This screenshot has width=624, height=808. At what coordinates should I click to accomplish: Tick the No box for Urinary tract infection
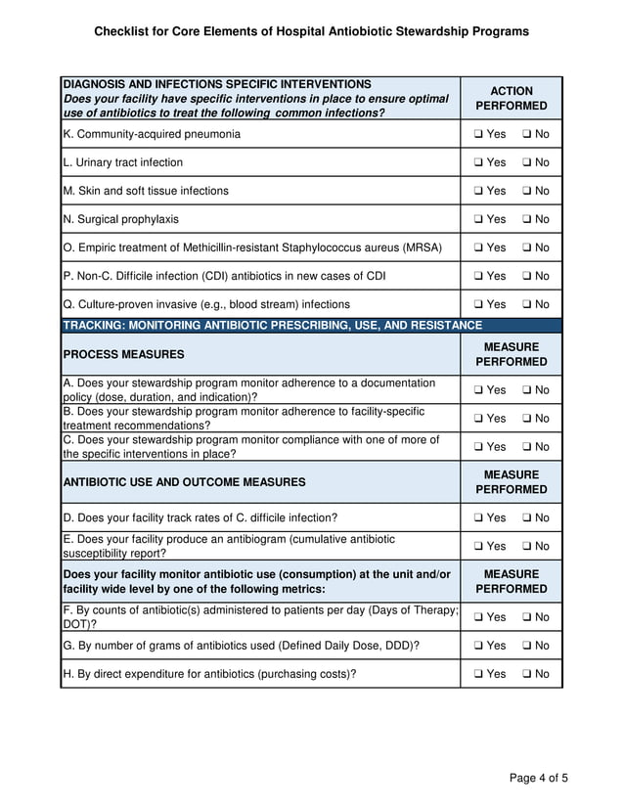527,162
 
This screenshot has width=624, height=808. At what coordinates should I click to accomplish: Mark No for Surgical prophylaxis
527,219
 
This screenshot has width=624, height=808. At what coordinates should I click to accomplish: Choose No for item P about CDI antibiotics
527,276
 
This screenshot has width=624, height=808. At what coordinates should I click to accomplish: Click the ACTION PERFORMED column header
512,98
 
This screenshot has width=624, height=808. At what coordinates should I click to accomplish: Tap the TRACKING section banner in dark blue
272,325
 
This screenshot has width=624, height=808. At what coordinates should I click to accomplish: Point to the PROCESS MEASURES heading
123,354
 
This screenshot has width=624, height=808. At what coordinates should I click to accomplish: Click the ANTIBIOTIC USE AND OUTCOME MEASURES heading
184,482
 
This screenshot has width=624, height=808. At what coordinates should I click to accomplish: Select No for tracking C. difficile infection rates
527,517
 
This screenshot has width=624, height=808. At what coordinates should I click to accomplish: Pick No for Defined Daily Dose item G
527,646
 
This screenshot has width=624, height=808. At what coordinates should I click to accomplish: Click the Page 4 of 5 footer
538,779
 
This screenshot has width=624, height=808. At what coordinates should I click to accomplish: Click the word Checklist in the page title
122,31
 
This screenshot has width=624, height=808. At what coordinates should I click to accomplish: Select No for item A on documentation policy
527,390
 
